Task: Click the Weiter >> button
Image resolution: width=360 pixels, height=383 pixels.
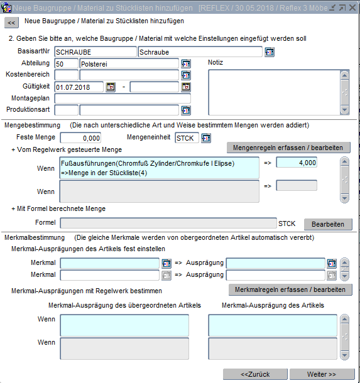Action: [322, 374]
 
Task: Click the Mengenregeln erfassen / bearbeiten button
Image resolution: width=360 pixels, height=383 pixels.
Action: [288, 148]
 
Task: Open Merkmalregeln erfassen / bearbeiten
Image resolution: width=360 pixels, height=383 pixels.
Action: [290, 289]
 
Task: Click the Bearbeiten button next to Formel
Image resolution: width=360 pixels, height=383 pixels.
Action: [328, 224]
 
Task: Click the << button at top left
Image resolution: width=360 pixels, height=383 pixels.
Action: [11, 23]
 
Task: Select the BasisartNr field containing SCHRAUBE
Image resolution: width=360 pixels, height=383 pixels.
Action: [95, 51]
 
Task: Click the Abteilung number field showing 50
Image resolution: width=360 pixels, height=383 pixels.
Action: [66, 63]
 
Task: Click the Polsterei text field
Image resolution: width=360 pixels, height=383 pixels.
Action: [129, 63]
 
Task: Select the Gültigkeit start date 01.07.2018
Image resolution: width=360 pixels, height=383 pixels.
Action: [79, 87]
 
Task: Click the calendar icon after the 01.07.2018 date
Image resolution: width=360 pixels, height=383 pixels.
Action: [111, 87]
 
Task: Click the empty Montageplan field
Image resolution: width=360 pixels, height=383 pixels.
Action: [123, 99]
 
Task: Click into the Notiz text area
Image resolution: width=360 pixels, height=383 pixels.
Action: [274, 92]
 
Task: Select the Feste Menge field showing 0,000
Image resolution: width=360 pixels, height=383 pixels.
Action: [80, 138]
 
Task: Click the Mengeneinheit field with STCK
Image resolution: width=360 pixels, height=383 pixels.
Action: [187, 138]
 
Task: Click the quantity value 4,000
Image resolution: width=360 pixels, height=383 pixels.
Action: [297, 163]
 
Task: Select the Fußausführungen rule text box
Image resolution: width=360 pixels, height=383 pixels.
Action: [160, 168]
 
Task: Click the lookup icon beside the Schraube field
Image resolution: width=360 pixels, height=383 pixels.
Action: [270, 52]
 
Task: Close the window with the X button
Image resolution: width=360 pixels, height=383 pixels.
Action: [352, 8]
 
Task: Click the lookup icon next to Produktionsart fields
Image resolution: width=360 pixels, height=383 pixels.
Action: [186, 110]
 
